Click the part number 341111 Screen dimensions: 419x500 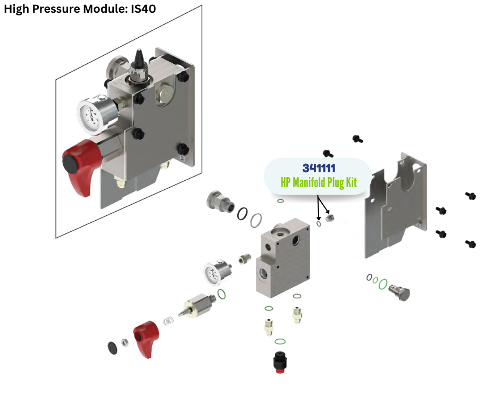(319, 168)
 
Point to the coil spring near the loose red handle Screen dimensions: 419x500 (169, 322)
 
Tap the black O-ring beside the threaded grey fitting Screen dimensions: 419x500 (242, 213)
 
